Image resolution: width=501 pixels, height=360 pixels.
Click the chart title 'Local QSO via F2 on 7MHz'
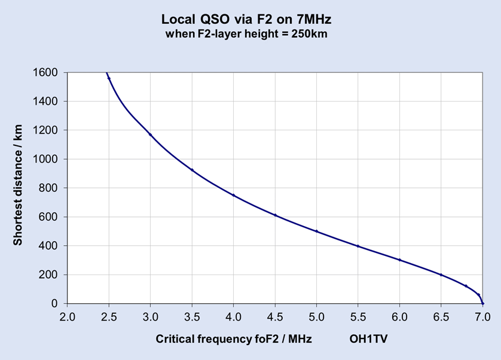coord(246,20)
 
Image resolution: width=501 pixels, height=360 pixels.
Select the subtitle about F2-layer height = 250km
coord(246,34)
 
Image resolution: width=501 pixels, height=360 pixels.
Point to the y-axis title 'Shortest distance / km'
coord(18,188)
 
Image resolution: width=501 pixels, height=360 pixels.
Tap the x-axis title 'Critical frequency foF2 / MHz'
coord(234,339)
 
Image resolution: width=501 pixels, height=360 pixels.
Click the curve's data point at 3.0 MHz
coord(151,135)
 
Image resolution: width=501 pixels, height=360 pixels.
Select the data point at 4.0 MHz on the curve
coord(234,196)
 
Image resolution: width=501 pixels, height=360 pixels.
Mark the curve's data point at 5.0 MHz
coord(317,231)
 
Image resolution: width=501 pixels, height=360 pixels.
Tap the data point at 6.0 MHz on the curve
coord(399,260)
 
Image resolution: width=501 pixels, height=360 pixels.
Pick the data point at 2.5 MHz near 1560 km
coord(109,78)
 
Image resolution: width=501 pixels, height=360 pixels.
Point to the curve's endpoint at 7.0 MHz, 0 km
coord(482,303)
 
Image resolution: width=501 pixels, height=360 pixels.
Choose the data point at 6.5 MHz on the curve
coord(441,275)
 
